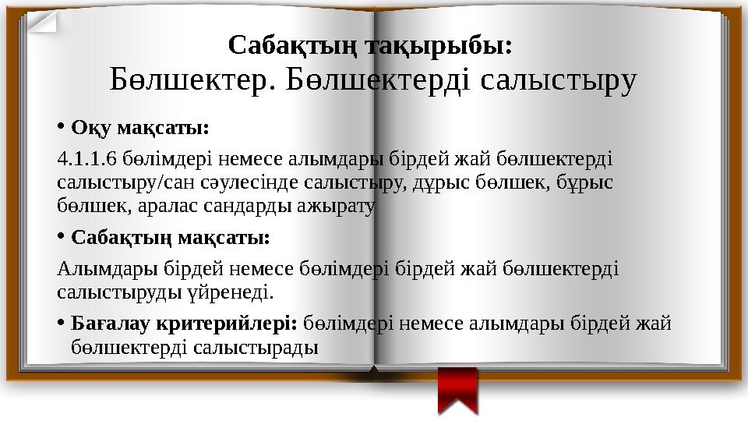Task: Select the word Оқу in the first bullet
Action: tap(86, 126)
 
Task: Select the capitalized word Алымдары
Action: tap(110, 269)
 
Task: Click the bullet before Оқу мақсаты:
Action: tap(62, 126)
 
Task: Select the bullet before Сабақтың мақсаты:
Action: tap(62, 235)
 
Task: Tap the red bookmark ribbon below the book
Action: tap(457, 390)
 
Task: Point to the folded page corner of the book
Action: tap(44, 18)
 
